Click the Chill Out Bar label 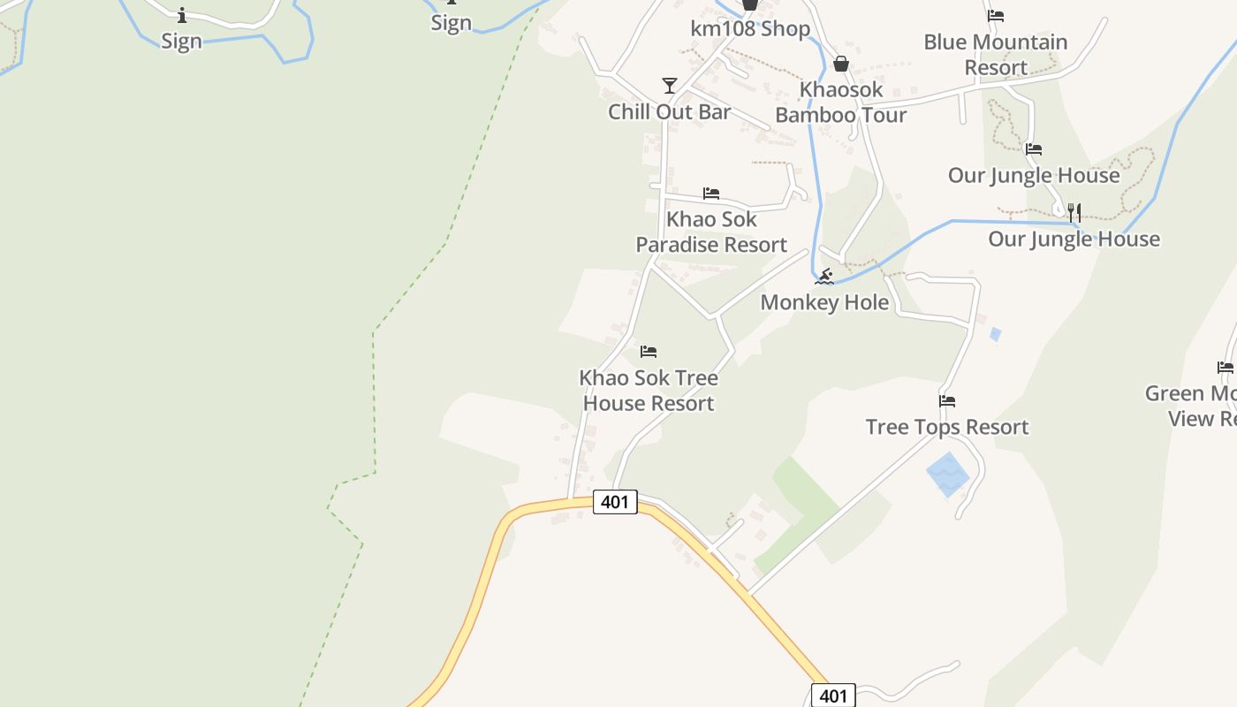tap(669, 111)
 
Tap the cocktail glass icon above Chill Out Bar tap(670, 86)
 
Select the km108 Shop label tap(750, 28)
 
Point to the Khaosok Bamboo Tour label tap(840, 103)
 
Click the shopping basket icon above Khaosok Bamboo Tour tap(841, 64)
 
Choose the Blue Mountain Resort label tap(996, 55)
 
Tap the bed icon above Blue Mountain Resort tap(996, 15)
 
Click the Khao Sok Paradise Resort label tap(711, 232)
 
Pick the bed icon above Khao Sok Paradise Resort tap(711, 194)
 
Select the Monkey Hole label tap(824, 302)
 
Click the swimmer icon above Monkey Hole tap(824, 277)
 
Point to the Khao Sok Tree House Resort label tap(649, 391)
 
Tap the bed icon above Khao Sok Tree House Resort tap(649, 352)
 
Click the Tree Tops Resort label tap(947, 427)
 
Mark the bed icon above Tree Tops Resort tap(947, 401)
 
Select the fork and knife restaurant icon tap(1074, 212)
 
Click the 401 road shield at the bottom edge tap(833, 696)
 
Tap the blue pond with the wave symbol tap(948, 475)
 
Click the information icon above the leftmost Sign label tap(182, 15)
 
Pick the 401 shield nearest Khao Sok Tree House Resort tap(614, 502)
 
